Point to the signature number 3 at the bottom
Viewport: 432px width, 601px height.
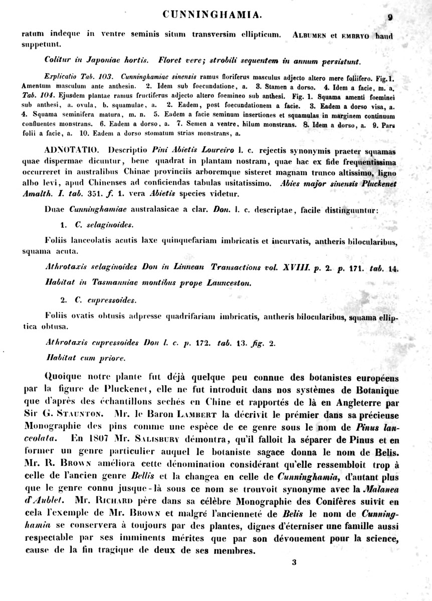[x=294, y=562]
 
